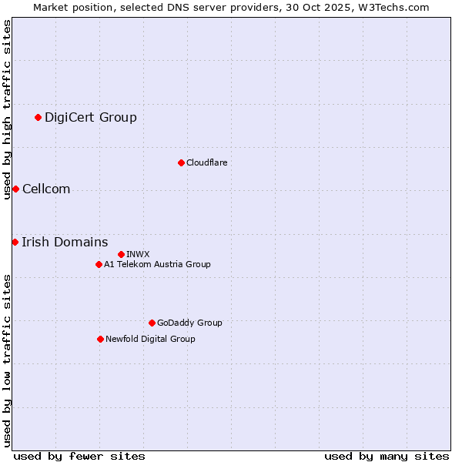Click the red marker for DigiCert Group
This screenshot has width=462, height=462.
click(x=38, y=118)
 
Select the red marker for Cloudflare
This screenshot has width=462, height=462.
click(x=181, y=162)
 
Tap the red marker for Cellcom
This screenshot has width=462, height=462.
click(x=15, y=189)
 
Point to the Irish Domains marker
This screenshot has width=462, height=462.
click(x=15, y=243)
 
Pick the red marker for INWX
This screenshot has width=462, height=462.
click(x=121, y=254)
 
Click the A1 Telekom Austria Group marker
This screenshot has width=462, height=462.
click(x=99, y=264)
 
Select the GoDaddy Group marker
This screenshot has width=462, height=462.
click(x=152, y=323)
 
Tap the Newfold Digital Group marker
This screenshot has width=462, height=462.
click(x=100, y=339)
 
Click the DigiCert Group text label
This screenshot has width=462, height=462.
click(x=91, y=118)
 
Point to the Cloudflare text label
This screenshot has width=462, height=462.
click(x=207, y=162)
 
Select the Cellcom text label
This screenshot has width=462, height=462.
click(x=46, y=189)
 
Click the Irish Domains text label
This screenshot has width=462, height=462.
click(x=65, y=243)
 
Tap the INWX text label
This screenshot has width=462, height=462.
click(x=138, y=254)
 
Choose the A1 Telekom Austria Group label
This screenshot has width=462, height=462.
click(x=157, y=264)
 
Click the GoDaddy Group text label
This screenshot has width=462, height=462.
click(x=189, y=323)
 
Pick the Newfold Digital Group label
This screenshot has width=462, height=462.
click(x=150, y=339)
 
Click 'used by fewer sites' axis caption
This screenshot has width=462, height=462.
click(x=79, y=456)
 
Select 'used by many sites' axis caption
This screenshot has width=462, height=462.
click(x=387, y=456)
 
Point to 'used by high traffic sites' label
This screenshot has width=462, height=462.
click(x=7, y=109)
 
